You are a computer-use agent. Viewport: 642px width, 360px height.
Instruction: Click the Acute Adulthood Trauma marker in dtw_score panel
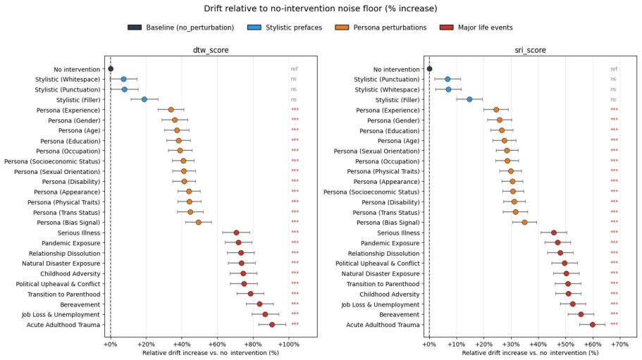pyautogui.click(x=272, y=325)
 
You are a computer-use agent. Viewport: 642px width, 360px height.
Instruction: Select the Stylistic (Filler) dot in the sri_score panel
pyautogui.click(x=469, y=99)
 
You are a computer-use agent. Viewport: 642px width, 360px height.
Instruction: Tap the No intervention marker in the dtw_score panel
pyautogui.click(x=111, y=69)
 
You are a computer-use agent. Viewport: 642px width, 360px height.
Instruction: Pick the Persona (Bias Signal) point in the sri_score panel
pyautogui.click(x=524, y=222)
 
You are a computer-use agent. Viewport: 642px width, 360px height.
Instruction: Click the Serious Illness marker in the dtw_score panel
pyautogui.click(x=236, y=232)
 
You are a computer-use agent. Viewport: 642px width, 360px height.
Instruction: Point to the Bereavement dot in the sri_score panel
pyautogui.click(x=581, y=314)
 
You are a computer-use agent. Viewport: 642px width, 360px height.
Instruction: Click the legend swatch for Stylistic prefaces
pyautogui.click(x=254, y=27)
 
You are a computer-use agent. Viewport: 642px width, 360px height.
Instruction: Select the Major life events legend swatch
pyautogui.click(x=447, y=27)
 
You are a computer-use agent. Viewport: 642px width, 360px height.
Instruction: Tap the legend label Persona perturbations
pyautogui.click(x=390, y=27)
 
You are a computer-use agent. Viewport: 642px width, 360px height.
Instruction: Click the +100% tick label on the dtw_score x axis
pyautogui.click(x=289, y=345)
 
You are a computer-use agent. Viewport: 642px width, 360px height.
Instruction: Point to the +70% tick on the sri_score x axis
pyautogui.click(x=619, y=345)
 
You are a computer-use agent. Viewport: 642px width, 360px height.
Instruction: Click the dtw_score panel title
pyautogui.click(x=211, y=50)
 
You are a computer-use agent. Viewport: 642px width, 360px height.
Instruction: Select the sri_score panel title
pyautogui.click(x=530, y=50)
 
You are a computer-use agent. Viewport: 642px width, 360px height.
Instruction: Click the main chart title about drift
pyautogui.click(x=321, y=8)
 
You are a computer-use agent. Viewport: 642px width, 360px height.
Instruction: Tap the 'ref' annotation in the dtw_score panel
pyautogui.click(x=294, y=69)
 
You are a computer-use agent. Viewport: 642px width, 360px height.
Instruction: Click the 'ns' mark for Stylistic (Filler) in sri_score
pyautogui.click(x=613, y=99)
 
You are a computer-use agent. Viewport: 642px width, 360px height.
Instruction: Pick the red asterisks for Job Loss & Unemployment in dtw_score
pyautogui.click(x=295, y=314)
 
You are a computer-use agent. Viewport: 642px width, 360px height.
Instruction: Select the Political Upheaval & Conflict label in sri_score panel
pyautogui.click(x=378, y=263)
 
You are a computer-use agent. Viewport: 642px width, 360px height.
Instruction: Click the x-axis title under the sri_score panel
pyautogui.click(x=530, y=353)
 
